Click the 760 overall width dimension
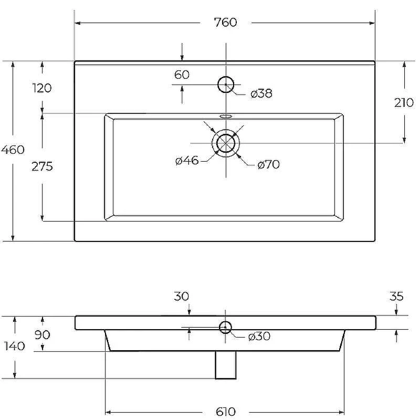tap(226, 22)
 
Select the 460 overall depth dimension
tap(13, 150)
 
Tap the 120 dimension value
tap(42, 88)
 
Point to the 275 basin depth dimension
tap(42, 166)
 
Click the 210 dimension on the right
tap(404, 102)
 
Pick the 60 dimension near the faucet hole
tap(182, 75)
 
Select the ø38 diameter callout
tap(261, 93)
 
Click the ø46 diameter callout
tap(187, 161)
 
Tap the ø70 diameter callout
tap(268, 164)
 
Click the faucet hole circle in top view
tap(226, 77)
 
